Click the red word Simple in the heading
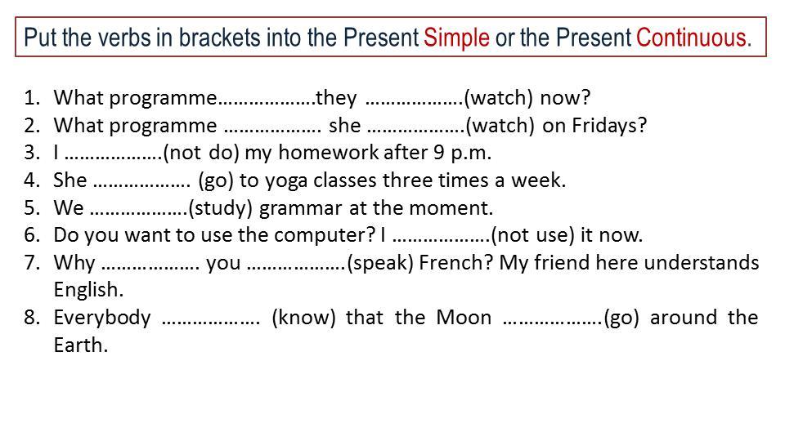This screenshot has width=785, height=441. (456, 38)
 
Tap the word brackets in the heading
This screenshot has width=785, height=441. (220, 38)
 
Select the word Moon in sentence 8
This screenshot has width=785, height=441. (464, 318)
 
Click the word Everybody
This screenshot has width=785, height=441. (102, 318)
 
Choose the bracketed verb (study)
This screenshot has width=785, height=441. (220, 208)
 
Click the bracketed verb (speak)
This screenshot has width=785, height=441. (380, 263)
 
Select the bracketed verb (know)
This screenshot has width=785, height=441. (303, 318)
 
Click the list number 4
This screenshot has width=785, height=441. (31, 180)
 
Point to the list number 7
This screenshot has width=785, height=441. (31, 263)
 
